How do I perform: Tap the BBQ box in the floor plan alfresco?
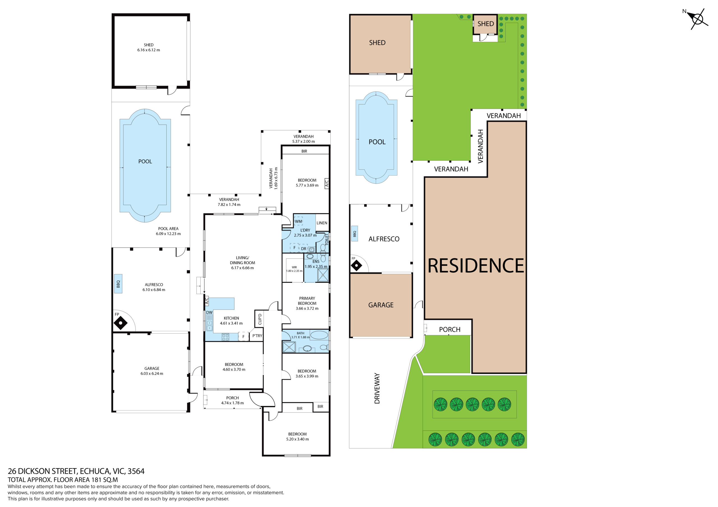click(x=118, y=284)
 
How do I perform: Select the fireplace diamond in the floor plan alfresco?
click(x=120, y=323)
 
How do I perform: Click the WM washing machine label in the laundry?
click(x=298, y=222)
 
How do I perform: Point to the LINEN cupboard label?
click(x=322, y=223)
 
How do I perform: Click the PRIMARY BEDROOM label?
click(x=307, y=301)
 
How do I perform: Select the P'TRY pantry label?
click(x=257, y=336)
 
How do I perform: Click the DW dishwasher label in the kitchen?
click(x=209, y=312)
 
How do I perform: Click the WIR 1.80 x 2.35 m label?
click(x=294, y=269)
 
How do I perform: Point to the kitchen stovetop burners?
click(x=225, y=337)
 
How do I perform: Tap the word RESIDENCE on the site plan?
click(x=475, y=266)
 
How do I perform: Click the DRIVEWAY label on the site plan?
click(x=377, y=388)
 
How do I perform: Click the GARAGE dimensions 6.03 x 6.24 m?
click(x=152, y=374)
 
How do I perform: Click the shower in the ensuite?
click(x=323, y=275)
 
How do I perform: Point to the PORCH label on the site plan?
click(x=450, y=330)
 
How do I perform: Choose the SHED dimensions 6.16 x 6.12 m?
click(x=149, y=50)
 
